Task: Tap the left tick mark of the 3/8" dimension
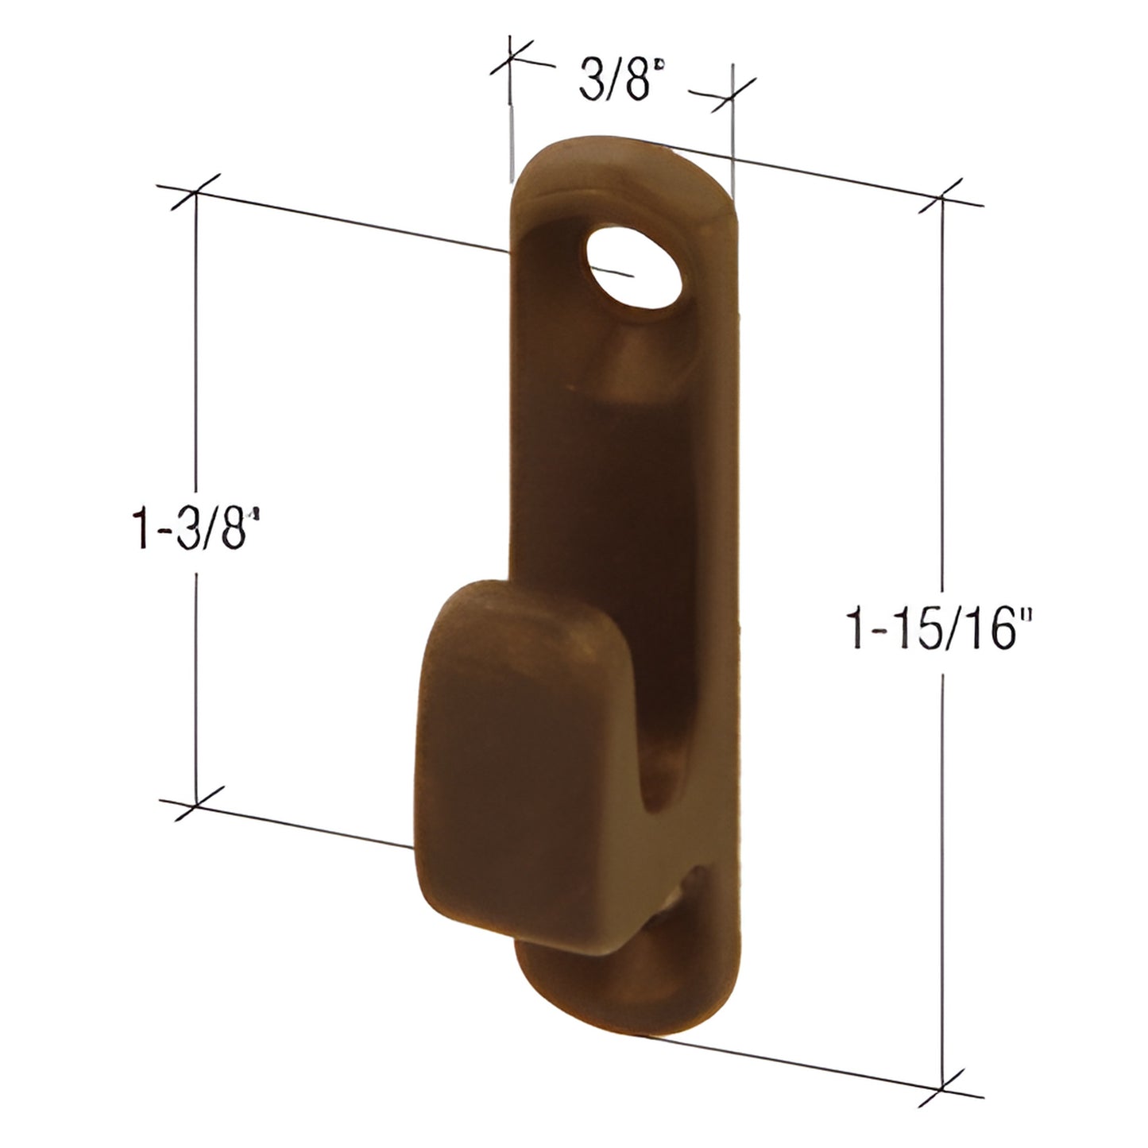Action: coord(509,62)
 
